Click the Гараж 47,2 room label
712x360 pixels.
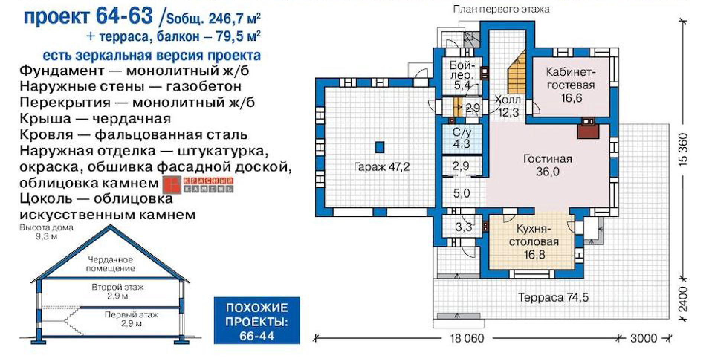click(x=381, y=167)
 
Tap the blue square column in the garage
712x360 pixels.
click(x=379, y=147)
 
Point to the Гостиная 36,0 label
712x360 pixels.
click(x=547, y=165)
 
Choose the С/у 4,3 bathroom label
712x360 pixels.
click(x=462, y=138)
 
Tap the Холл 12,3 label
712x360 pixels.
click(x=508, y=106)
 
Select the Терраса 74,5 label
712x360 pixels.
click(x=553, y=298)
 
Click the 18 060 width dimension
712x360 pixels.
click(x=467, y=338)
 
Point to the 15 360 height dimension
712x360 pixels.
click(x=683, y=149)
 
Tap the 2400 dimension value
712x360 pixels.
click(x=683, y=299)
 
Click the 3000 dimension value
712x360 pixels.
click(x=644, y=338)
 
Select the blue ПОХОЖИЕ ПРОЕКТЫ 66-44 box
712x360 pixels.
click(x=257, y=320)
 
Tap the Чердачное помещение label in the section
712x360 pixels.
click(x=110, y=264)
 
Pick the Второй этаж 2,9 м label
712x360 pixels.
click(x=117, y=292)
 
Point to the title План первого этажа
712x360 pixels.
click(x=501, y=9)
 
